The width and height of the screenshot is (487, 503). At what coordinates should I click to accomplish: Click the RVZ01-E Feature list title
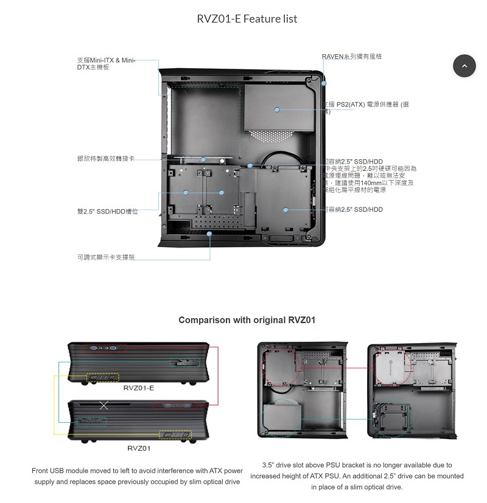click(247, 19)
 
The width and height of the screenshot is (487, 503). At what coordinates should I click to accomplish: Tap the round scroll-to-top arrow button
click(464, 66)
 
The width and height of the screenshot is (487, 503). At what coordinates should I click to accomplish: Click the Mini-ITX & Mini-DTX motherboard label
click(105, 63)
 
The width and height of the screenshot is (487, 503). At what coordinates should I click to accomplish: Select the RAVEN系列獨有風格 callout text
click(352, 57)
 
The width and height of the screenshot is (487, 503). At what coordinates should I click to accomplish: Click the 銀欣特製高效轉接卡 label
click(105, 159)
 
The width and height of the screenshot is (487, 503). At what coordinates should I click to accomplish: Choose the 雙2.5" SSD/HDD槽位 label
click(108, 211)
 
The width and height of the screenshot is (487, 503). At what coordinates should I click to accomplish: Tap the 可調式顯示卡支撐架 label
click(105, 257)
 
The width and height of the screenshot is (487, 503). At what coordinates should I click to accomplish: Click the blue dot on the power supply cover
click(277, 109)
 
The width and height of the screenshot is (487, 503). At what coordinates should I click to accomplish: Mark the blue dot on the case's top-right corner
click(324, 83)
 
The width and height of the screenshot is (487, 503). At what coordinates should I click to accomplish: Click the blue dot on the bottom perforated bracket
click(209, 233)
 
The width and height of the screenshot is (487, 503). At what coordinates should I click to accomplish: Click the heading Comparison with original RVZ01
click(247, 320)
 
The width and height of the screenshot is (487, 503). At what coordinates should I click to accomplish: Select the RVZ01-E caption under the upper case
click(139, 387)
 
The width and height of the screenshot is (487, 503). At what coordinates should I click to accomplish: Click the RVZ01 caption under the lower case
click(139, 448)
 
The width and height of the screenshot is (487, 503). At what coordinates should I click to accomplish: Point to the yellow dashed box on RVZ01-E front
click(102, 378)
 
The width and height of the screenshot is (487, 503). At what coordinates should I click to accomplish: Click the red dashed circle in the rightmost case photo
click(388, 366)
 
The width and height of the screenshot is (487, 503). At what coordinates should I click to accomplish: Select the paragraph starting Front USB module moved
click(137, 476)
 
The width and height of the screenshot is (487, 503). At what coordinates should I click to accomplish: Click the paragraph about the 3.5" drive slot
click(357, 476)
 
